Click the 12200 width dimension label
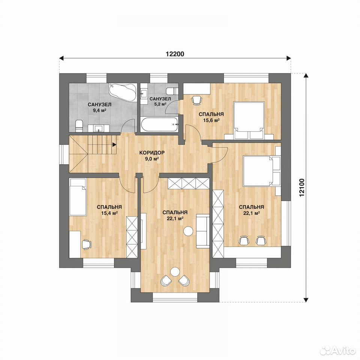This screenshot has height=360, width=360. (x=175, y=54)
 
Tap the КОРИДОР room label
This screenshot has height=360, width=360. (x=152, y=153)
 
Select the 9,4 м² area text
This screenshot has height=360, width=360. (x=99, y=110)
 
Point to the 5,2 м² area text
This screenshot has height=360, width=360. (x=160, y=104)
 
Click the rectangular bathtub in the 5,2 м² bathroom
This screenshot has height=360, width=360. (x=159, y=124)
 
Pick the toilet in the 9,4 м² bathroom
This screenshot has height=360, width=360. (x=79, y=126)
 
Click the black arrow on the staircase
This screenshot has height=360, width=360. (x=114, y=144)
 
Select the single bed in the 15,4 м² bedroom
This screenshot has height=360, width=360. (x=78, y=197)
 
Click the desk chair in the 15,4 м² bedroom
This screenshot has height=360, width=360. (x=86, y=244)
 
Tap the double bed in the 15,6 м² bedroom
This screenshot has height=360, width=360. (x=249, y=120)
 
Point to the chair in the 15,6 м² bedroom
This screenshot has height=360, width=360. (x=197, y=100)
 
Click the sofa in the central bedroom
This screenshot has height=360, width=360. (x=203, y=231)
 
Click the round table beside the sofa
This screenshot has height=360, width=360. (x=188, y=231)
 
